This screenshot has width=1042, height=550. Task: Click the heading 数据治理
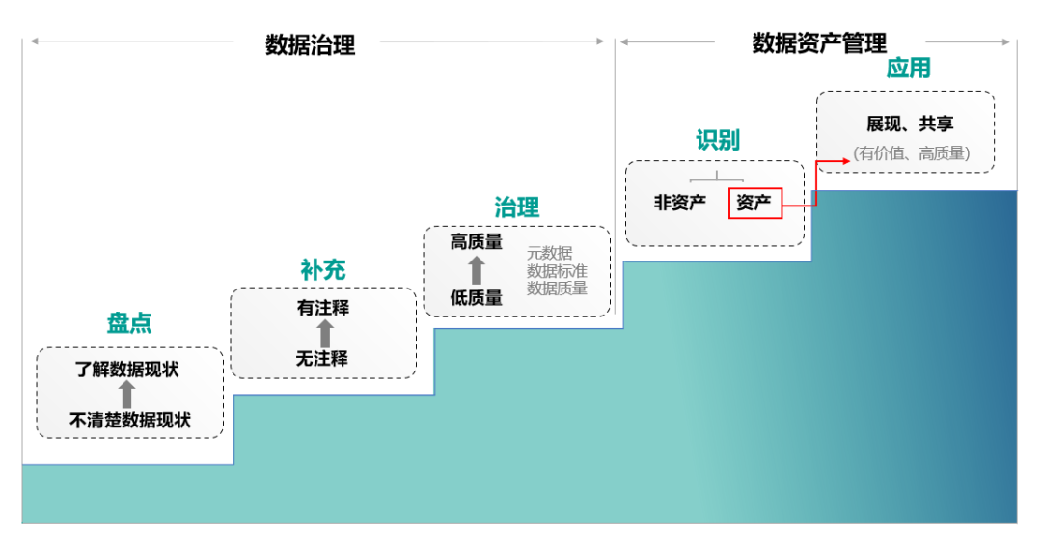(310, 44)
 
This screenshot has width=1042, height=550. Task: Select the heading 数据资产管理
(818, 42)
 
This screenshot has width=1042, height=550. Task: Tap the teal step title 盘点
(129, 323)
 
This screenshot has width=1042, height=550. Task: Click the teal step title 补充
(322, 270)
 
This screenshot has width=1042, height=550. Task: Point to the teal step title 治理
(516, 207)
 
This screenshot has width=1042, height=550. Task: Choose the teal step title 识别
(717, 141)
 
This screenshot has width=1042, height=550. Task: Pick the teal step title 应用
(908, 68)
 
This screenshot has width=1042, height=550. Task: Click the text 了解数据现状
(127, 370)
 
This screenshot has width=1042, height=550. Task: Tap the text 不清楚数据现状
(129, 420)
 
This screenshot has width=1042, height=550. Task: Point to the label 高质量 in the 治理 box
(476, 242)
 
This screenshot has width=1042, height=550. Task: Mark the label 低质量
(476, 298)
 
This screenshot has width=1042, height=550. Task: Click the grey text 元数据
(549, 254)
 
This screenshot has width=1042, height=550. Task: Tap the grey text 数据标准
(557, 271)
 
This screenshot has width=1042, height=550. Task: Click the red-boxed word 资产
(754, 203)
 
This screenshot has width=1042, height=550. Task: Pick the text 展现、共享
(909, 124)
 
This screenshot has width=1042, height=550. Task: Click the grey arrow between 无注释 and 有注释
(325, 334)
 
